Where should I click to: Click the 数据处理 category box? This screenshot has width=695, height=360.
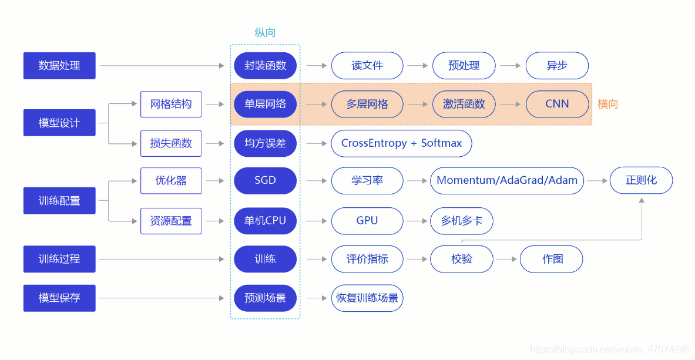(x=59, y=66)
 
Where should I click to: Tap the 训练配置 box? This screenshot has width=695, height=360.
(x=59, y=201)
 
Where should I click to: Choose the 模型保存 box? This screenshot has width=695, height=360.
(x=59, y=298)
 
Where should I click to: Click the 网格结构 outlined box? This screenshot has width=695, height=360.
(x=171, y=105)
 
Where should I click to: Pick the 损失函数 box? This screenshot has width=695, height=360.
(x=171, y=143)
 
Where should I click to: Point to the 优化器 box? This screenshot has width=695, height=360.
(x=171, y=181)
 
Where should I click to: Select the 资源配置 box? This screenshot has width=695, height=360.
(x=171, y=221)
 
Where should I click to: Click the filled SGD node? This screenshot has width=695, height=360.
(x=265, y=181)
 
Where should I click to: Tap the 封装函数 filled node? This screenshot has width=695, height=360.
(x=265, y=66)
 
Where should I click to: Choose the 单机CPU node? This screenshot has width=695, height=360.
(x=265, y=221)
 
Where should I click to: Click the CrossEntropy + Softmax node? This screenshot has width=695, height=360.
(x=401, y=143)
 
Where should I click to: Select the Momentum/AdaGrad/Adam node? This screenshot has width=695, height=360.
(x=507, y=181)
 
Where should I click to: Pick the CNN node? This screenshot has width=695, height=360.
(x=557, y=105)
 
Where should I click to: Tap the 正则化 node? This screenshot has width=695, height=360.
(x=641, y=181)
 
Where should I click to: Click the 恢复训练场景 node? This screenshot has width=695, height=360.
(x=367, y=298)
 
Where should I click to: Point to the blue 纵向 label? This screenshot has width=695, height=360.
(x=265, y=33)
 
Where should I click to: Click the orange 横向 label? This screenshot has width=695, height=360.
(x=608, y=105)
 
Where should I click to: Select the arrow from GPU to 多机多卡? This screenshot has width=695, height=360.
(x=417, y=221)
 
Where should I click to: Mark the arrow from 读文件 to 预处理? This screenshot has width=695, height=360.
(x=418, y=66)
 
